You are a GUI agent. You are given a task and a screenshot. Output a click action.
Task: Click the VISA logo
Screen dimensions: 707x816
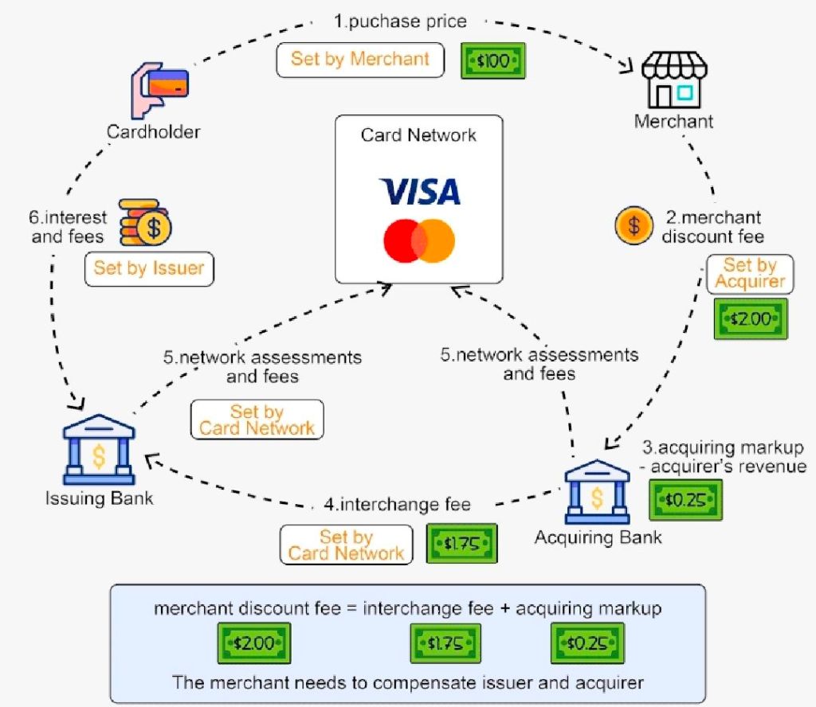(x=419, y=191)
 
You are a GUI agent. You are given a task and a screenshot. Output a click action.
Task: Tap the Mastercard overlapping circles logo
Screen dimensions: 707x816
(x=419, y=241)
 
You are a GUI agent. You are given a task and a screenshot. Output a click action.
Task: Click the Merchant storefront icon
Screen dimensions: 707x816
(x=673, y=80)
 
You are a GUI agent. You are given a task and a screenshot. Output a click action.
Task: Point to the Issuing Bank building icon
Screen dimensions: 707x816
(x=99, y=451)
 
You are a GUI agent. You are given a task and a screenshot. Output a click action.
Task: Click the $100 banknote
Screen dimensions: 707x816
(x=493, y=61)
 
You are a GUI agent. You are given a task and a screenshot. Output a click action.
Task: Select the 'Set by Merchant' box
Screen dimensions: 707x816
(x=359, y=60)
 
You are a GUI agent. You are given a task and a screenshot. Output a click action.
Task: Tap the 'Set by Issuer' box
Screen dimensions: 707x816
(x=149, y=268)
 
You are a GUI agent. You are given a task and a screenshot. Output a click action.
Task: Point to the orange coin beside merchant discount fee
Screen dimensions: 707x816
(x=634, y=226)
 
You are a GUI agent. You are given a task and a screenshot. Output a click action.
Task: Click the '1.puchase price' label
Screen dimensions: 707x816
(x=400, y=21)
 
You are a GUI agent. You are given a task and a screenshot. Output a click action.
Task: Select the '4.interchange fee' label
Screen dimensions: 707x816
(x=397, y=504)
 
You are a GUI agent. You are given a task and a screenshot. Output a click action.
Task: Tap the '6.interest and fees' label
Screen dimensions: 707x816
(x=69, y=228)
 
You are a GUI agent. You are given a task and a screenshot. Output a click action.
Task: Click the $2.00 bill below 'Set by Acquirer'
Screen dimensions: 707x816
(x=750, y=319)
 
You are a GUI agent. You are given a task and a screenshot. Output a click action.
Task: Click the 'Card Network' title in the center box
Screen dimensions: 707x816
(x=418, y=135)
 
